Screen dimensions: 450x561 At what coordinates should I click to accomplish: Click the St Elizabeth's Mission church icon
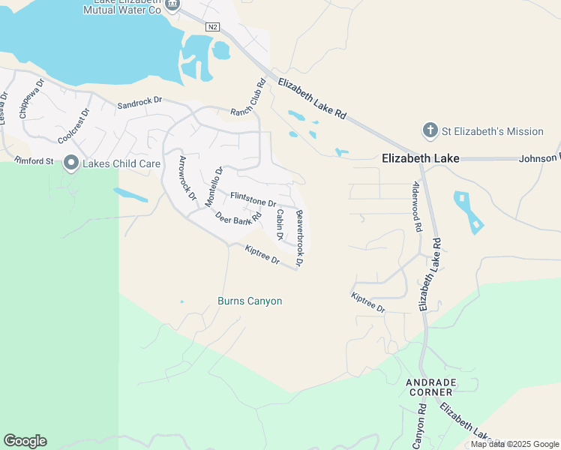coord(430,131)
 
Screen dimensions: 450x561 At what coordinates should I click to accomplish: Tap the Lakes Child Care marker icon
coord(71,163)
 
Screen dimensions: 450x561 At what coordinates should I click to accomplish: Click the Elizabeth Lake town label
coord(420,158)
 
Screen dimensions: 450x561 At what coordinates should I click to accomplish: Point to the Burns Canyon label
coord(250,301)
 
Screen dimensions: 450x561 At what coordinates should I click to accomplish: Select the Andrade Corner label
coord(430,387)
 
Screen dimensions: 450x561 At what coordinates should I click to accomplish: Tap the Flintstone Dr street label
coord(253,199)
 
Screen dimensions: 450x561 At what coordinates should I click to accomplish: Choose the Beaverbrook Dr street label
coord(301,239)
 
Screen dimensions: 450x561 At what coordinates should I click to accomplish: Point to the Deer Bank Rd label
coord(238,217)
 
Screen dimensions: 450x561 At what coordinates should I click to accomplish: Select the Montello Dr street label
coord(214,187)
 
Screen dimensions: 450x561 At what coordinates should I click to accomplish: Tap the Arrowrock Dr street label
coord(187,181)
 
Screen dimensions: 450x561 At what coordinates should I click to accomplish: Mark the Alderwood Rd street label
coord(418,206)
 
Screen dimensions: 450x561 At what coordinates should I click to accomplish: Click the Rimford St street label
coord(34,160)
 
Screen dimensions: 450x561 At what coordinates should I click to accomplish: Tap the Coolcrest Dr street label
coord(73,125)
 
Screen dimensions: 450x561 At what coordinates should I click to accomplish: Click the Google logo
coord(25,441)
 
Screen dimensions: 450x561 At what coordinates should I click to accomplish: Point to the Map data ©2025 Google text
coord(515,444)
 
